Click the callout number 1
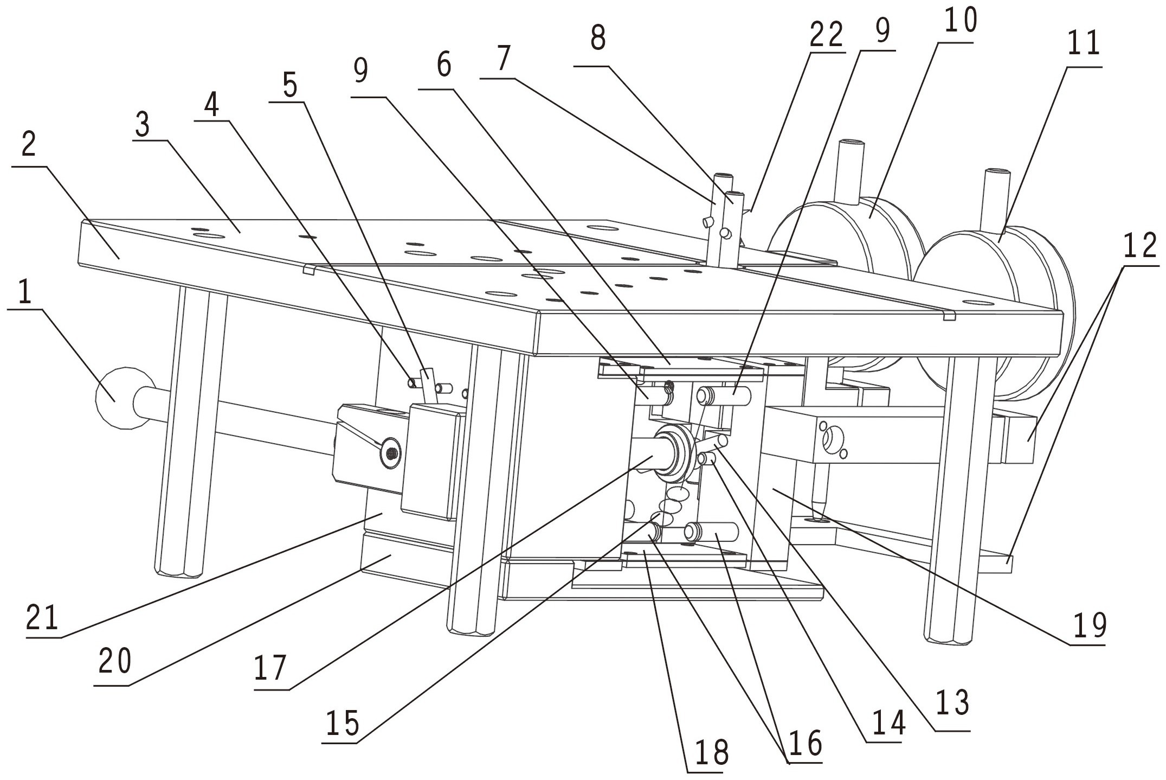[24, 293]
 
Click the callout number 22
[826, 35]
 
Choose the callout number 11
[1084, 44]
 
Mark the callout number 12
[1140, 247]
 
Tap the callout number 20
[114, 662]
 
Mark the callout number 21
[43, 618]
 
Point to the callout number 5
[290, 85]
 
